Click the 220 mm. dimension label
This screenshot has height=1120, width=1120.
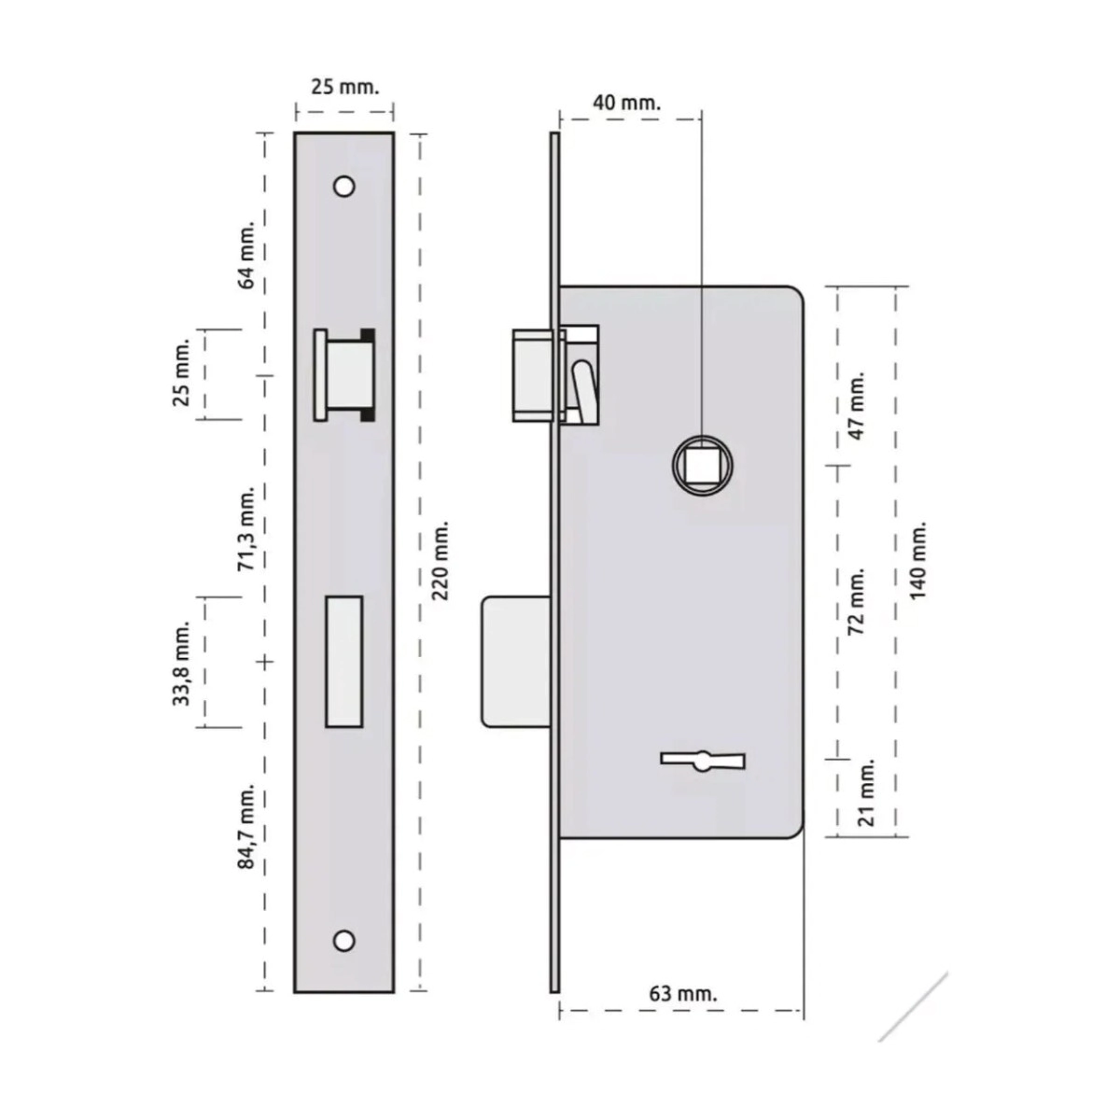coord(441,560)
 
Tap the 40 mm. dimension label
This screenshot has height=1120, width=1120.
coord(626,103)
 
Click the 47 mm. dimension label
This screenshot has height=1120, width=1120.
coord(858,405)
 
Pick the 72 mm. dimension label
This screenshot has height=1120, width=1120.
coord(858,602)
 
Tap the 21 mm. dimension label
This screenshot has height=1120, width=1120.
coord(866,791)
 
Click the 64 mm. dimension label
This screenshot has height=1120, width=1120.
coord(245,255)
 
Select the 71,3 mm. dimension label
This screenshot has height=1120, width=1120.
coord(247,528)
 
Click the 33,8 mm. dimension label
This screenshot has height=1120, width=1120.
coord(182,663)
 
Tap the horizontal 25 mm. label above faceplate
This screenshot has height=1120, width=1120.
coord(345,87)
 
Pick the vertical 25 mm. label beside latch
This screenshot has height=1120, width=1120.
coord(182,371)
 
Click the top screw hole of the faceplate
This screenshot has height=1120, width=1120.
coord(344,186)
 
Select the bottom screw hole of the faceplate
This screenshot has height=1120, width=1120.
coord(344,941)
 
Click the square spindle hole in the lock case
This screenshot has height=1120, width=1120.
coord(703,465)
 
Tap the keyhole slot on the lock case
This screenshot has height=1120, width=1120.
coord(703,761)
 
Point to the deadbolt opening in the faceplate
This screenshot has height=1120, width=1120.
coord(344,662)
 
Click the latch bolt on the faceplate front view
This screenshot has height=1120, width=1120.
coord(344,374)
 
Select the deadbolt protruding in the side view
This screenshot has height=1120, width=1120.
coord(515,662)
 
